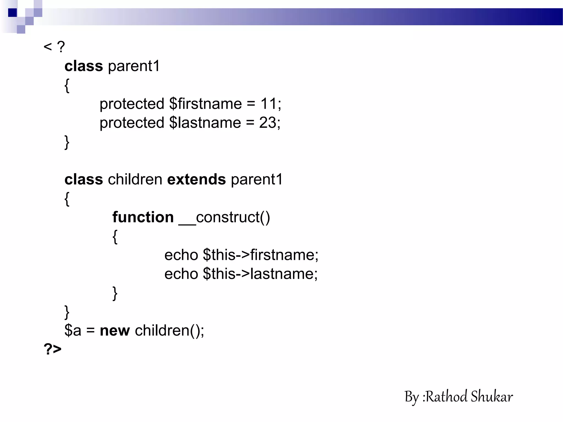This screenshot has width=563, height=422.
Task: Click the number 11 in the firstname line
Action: (268, 104)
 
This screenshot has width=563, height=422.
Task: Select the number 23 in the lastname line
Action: (267, 123)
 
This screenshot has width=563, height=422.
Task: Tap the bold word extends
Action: (196, 180)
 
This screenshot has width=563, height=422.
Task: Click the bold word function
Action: (143, 217)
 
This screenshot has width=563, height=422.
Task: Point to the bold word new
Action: (115, 331)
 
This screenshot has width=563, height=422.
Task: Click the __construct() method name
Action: (224, 217)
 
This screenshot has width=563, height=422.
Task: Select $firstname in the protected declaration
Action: (205, 104)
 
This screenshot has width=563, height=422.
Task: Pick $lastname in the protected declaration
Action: (205, 123)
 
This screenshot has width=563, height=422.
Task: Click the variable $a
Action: (73, 331)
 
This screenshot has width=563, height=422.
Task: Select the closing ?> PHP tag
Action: (53, 349)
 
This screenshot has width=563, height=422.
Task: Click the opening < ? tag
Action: (54, 47)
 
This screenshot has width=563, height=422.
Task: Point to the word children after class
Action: (135, 180)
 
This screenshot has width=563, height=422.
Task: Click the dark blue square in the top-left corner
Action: (12, 13)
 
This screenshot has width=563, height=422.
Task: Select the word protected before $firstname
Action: (132, 104)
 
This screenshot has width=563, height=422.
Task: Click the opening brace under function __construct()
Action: (115, 237)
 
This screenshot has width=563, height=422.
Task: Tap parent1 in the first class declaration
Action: (134, 66)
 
